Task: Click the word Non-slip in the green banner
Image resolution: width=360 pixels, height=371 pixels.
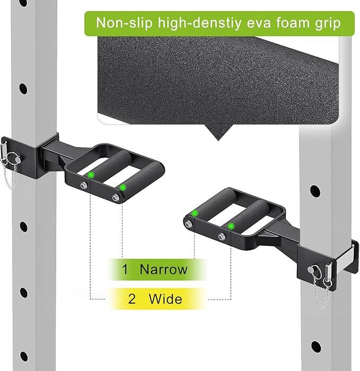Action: click(x=124, y=23)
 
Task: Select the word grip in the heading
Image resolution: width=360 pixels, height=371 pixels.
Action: click(x=328, y=24)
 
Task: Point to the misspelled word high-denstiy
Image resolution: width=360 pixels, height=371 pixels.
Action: click(x=199, y=24)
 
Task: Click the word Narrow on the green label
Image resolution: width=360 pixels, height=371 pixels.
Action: click(x=163, y=269)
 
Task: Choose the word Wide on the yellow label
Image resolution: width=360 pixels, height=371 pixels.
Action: click(x=165, y=298)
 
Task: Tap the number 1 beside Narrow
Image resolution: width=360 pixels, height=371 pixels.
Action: click(x=125, y=269)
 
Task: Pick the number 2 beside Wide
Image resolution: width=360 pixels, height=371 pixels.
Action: click(x=132, y=299)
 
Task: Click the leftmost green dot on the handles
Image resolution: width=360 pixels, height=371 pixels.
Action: click(x=91, y=175)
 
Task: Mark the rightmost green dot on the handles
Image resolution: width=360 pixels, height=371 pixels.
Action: click(x=231, y=226)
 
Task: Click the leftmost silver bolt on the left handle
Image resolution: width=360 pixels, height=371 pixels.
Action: click(x=83, y=185)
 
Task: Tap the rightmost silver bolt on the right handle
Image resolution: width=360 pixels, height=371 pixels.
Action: click(x=222, y=236)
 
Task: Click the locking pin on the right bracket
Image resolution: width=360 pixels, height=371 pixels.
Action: click(x=314, y=270)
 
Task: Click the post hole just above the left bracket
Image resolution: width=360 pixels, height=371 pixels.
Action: click(x=23, y=89)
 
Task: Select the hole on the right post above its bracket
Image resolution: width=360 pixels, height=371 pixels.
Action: click(x=315, y=191)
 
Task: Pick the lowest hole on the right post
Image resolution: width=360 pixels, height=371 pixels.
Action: click(x=316, y=347)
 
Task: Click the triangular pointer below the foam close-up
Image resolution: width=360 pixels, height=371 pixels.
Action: click(x=218, y=132)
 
